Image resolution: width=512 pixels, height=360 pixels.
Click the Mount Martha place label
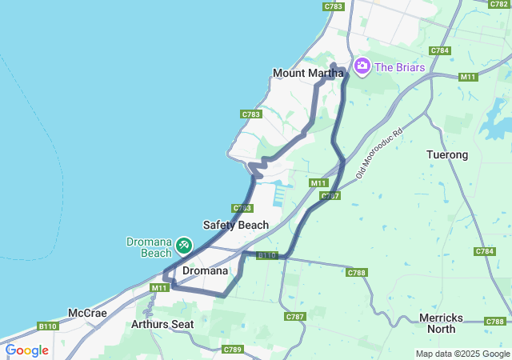click(x=308, y=73)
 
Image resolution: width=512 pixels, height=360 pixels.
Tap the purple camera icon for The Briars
click(x=362, y=65)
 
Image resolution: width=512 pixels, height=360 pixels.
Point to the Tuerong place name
click(x=447, y=154)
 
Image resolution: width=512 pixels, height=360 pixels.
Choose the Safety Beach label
click(x=236, y=225)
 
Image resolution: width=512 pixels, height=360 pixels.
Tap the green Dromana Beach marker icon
click(x=183, y=244)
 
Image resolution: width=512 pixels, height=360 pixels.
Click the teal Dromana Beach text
click(x=150, y=247)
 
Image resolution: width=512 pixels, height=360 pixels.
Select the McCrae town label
click(x=87, y=313)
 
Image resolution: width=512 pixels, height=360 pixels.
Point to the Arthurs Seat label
click(x=164, y=324)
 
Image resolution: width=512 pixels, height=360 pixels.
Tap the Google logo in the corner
click(x=26, y=350)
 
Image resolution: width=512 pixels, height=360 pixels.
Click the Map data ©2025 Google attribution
click(x=462, y=354)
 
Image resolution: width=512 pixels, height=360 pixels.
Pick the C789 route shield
click(x=233, y=349)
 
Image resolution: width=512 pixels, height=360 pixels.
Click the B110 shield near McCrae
click(x=48, y=326)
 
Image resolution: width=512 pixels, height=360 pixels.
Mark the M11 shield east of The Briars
click(x=469, y=77)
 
